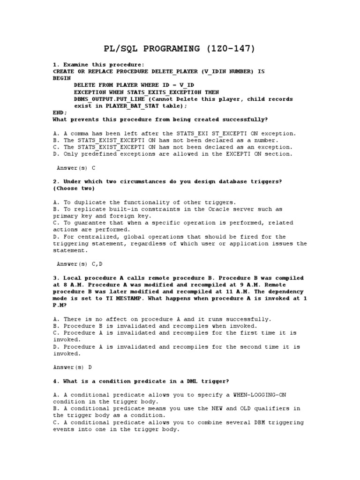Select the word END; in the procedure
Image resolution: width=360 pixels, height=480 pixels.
(60, 113)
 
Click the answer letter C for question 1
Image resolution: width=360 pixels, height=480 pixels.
(94, 167)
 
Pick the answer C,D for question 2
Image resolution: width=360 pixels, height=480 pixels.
(97, 264)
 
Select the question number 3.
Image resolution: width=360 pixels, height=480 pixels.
(55, 278)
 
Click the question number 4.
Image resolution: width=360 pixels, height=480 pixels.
(55, 382)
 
